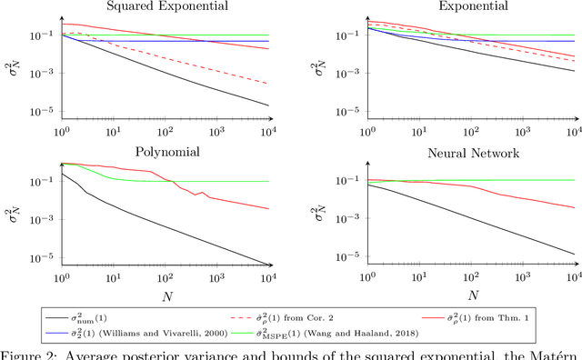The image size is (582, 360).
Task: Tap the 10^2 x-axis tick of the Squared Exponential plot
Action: [165, 132]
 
